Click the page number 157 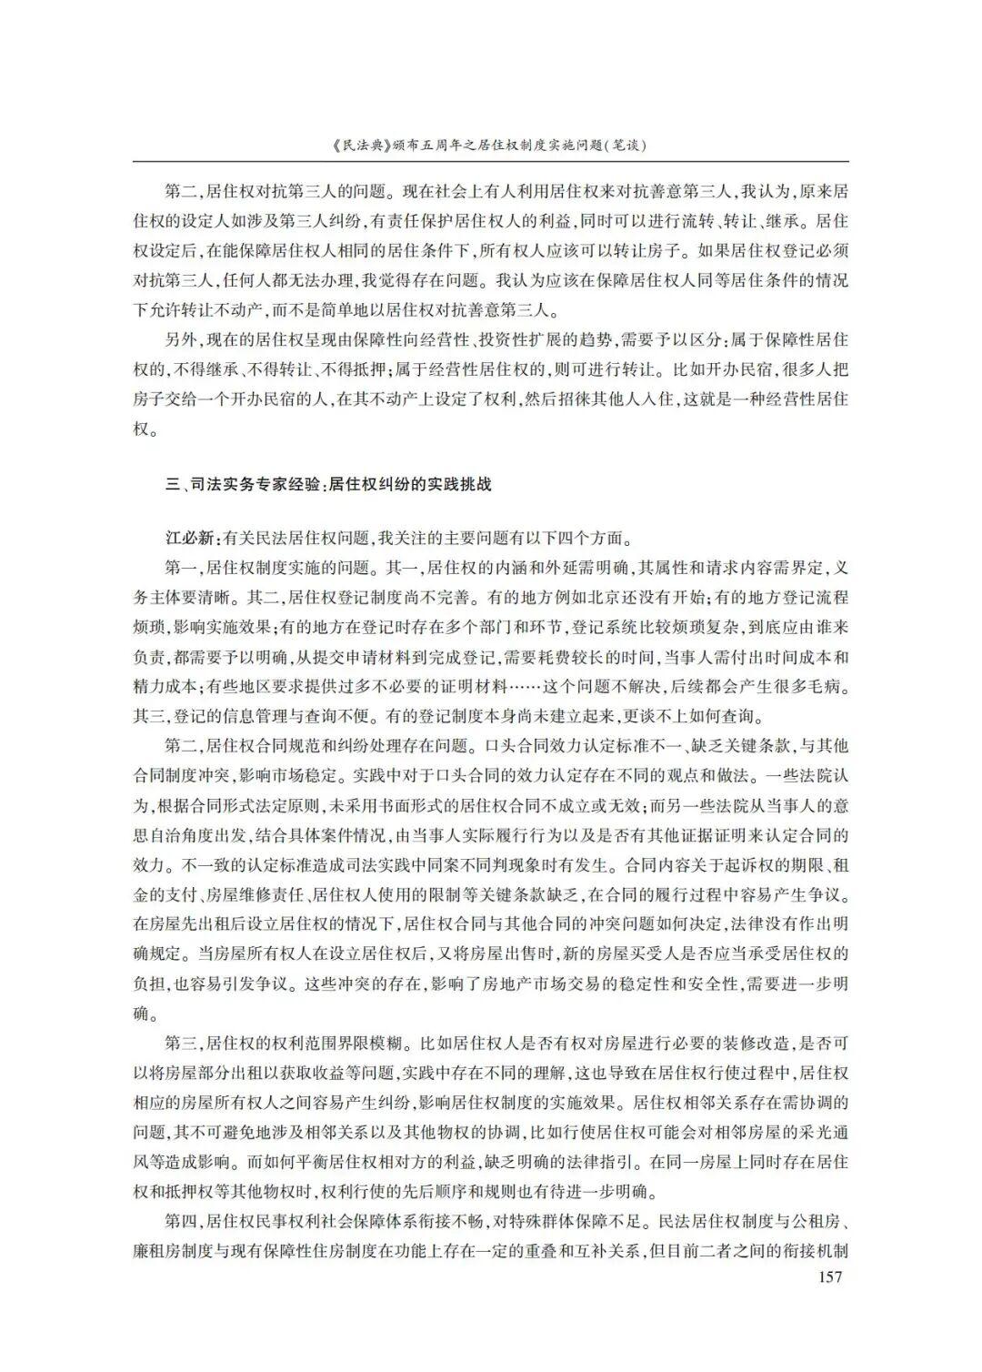830,1276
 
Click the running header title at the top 491,145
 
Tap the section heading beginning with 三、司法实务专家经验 328,484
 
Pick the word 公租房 818,1220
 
